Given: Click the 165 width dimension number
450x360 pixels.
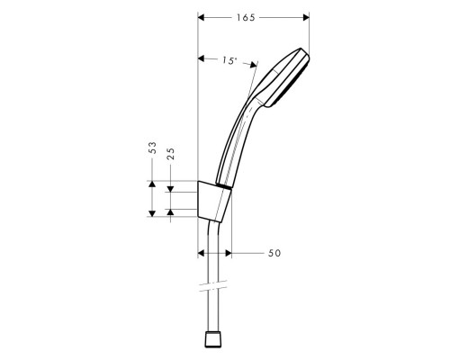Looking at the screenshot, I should tap(253, 16).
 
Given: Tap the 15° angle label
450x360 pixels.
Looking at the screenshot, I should tap(229, 60).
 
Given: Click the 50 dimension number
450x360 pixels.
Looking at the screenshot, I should tap(274, 254).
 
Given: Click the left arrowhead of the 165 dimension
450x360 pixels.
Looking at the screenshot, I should tap(201, 16).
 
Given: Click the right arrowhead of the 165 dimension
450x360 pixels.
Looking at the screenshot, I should tap(306, 16).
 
